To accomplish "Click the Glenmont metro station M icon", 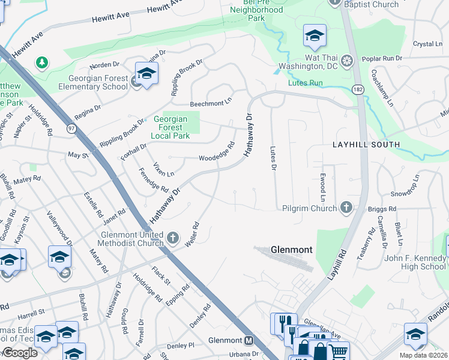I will [x=249, y=340].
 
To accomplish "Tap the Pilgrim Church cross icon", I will [x=346, y=208].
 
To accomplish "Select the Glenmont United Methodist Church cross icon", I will [x=173, y=238].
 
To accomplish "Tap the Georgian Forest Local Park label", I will [x=171, y=127].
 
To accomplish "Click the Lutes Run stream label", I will [x=306, y=83].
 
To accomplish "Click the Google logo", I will [x=20, y=353].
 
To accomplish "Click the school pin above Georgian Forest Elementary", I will [x=146, y=73].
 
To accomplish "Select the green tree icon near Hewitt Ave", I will [x=42, y=62].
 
